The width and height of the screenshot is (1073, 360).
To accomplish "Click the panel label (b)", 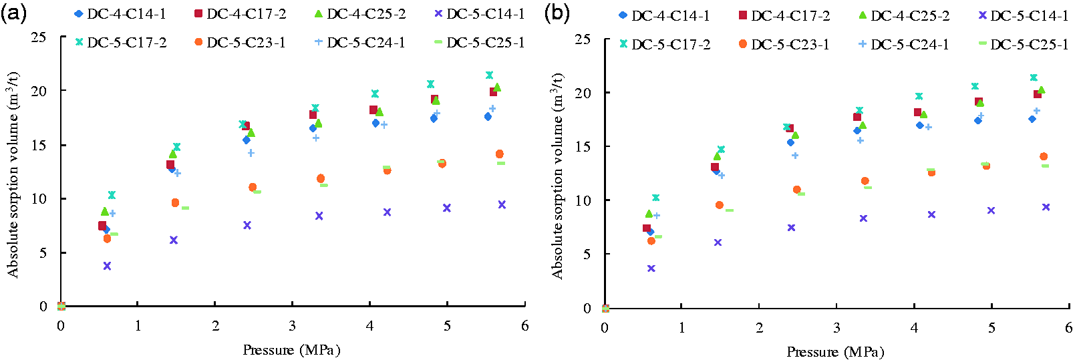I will coord(557,13).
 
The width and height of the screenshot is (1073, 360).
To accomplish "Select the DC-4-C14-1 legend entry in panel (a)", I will coord(120,14).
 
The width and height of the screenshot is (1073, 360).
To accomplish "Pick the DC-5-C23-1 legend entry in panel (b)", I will coord(784,45).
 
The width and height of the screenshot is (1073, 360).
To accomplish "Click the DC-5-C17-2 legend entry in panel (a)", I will coord(120,43).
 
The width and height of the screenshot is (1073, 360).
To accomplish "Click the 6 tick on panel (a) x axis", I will coord(525,326).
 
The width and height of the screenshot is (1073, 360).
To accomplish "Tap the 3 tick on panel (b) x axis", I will coord(836,328).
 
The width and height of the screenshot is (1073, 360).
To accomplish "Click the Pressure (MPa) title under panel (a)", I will coord(291,350).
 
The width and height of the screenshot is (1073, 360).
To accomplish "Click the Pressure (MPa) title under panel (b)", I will coord(835,352).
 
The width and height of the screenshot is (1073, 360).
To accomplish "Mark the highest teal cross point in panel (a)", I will coord(489,75).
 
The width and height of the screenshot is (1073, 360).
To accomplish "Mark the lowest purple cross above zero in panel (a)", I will coord(107,266).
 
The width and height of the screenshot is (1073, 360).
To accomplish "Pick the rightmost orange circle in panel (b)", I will coord(1044,157).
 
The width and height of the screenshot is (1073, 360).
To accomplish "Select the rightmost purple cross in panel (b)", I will coord(1046,207).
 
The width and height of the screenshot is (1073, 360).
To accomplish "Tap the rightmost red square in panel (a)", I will coord(493,92).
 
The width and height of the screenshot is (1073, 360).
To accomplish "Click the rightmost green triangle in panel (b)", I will coord(1041,90).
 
